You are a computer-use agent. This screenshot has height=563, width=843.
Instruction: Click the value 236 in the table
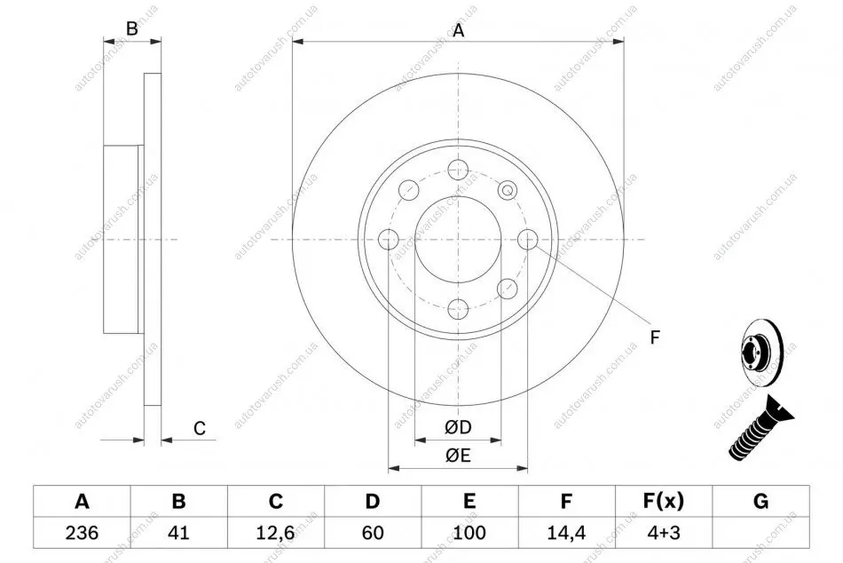click(x=82, y=533)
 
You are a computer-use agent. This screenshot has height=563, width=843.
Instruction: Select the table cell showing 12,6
click(x=275, y=533)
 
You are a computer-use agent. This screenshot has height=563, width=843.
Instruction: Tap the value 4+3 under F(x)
click(x=664, y=533)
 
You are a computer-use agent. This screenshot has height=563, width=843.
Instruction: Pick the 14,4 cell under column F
click(x=566, y=533)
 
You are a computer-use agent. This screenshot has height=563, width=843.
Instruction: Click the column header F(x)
click(x=664, y=501)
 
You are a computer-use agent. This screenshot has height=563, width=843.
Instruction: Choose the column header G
click(x=760, y=501)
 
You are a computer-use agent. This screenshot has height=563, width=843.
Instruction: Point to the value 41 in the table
click(x=178, y=533)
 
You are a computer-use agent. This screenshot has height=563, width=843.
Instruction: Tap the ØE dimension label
click(x=458, y=456)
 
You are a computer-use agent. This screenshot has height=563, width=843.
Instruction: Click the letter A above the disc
click(x=458, y=31)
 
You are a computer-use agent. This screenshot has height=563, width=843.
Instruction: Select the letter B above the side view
click(x=131, y=28)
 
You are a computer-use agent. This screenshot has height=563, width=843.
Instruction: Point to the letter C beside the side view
click(x=200, y=428)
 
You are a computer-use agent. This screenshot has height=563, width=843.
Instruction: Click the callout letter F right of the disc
click(x=654, y=337)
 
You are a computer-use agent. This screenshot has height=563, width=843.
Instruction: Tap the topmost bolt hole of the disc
click(x=458, y=170)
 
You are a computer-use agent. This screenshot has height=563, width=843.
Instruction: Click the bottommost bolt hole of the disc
click(x=458, y=309)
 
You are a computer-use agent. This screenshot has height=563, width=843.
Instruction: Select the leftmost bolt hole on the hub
click(x=388, y=240)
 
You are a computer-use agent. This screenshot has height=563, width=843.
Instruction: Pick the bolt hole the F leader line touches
click(x=527, y=240)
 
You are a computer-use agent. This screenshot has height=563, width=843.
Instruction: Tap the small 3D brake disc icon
click(x=762, y=353)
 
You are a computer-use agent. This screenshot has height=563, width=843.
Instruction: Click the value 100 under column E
click(x=469, y=533)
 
